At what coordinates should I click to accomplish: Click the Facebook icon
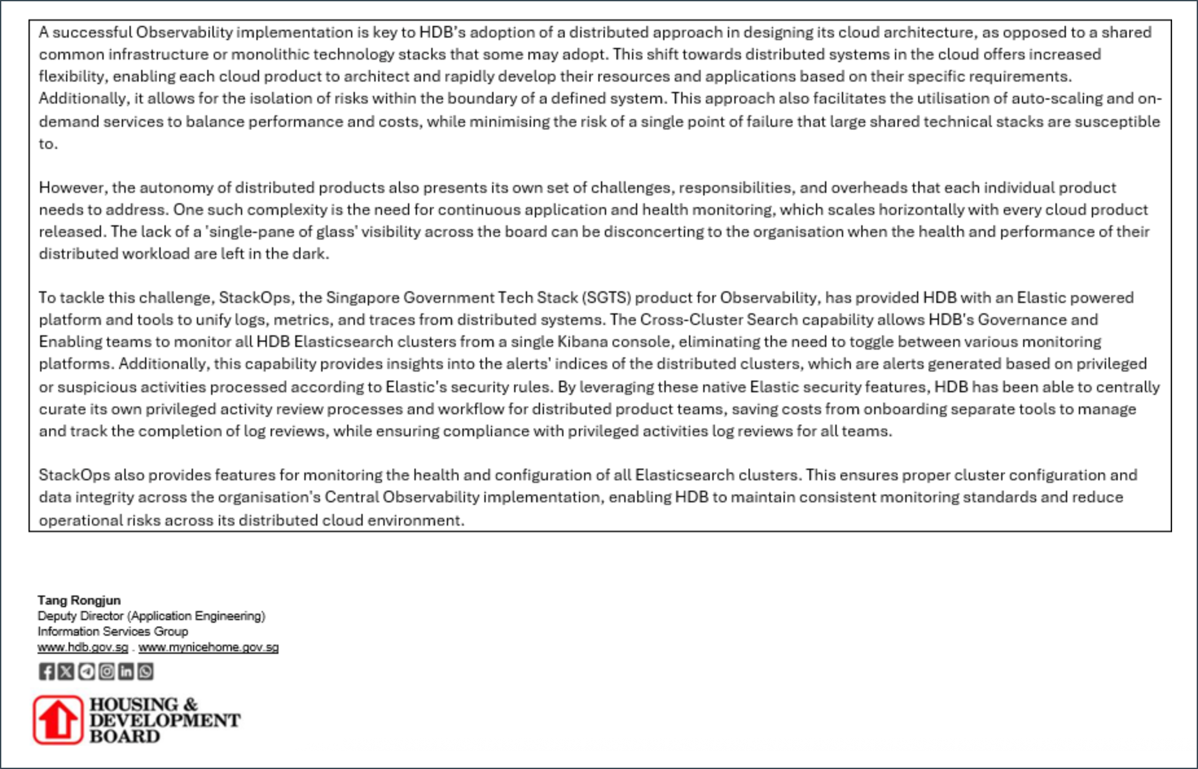(47, 671)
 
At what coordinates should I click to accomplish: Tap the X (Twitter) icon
(66, 671)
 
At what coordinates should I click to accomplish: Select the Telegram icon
(86, 671)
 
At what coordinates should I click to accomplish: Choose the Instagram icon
(106, 671)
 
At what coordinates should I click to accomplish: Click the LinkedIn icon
(126, 671)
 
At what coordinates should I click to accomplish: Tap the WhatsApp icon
(146, 671)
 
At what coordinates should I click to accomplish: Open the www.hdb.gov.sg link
(83, 647)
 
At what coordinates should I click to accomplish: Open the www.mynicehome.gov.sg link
(209, 647)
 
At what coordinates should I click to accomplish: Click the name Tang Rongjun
(79, 600)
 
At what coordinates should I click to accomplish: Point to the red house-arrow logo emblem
(58, 720)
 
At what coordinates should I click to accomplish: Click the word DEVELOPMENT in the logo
(164, 720)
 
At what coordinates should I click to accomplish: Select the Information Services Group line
(113, 631)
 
